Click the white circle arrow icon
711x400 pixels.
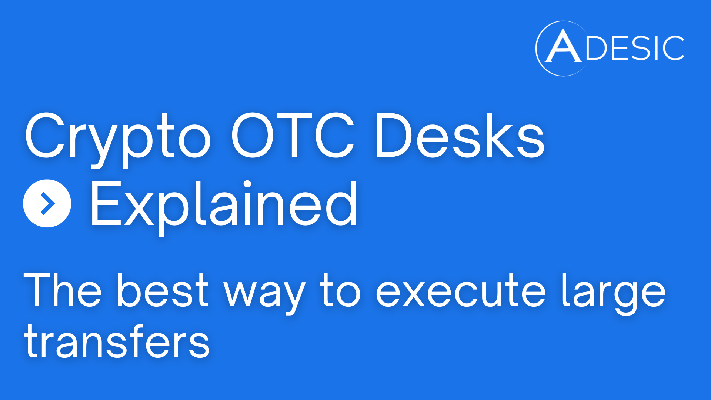(x=47, y=203)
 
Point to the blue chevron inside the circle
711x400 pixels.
(x=48, y=203)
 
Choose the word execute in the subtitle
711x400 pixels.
(x=461, y=291)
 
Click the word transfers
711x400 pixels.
(x=117, y=341)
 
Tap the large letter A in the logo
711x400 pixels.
(x=563, y=46)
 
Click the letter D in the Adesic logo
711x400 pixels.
(x=597, y=48)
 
